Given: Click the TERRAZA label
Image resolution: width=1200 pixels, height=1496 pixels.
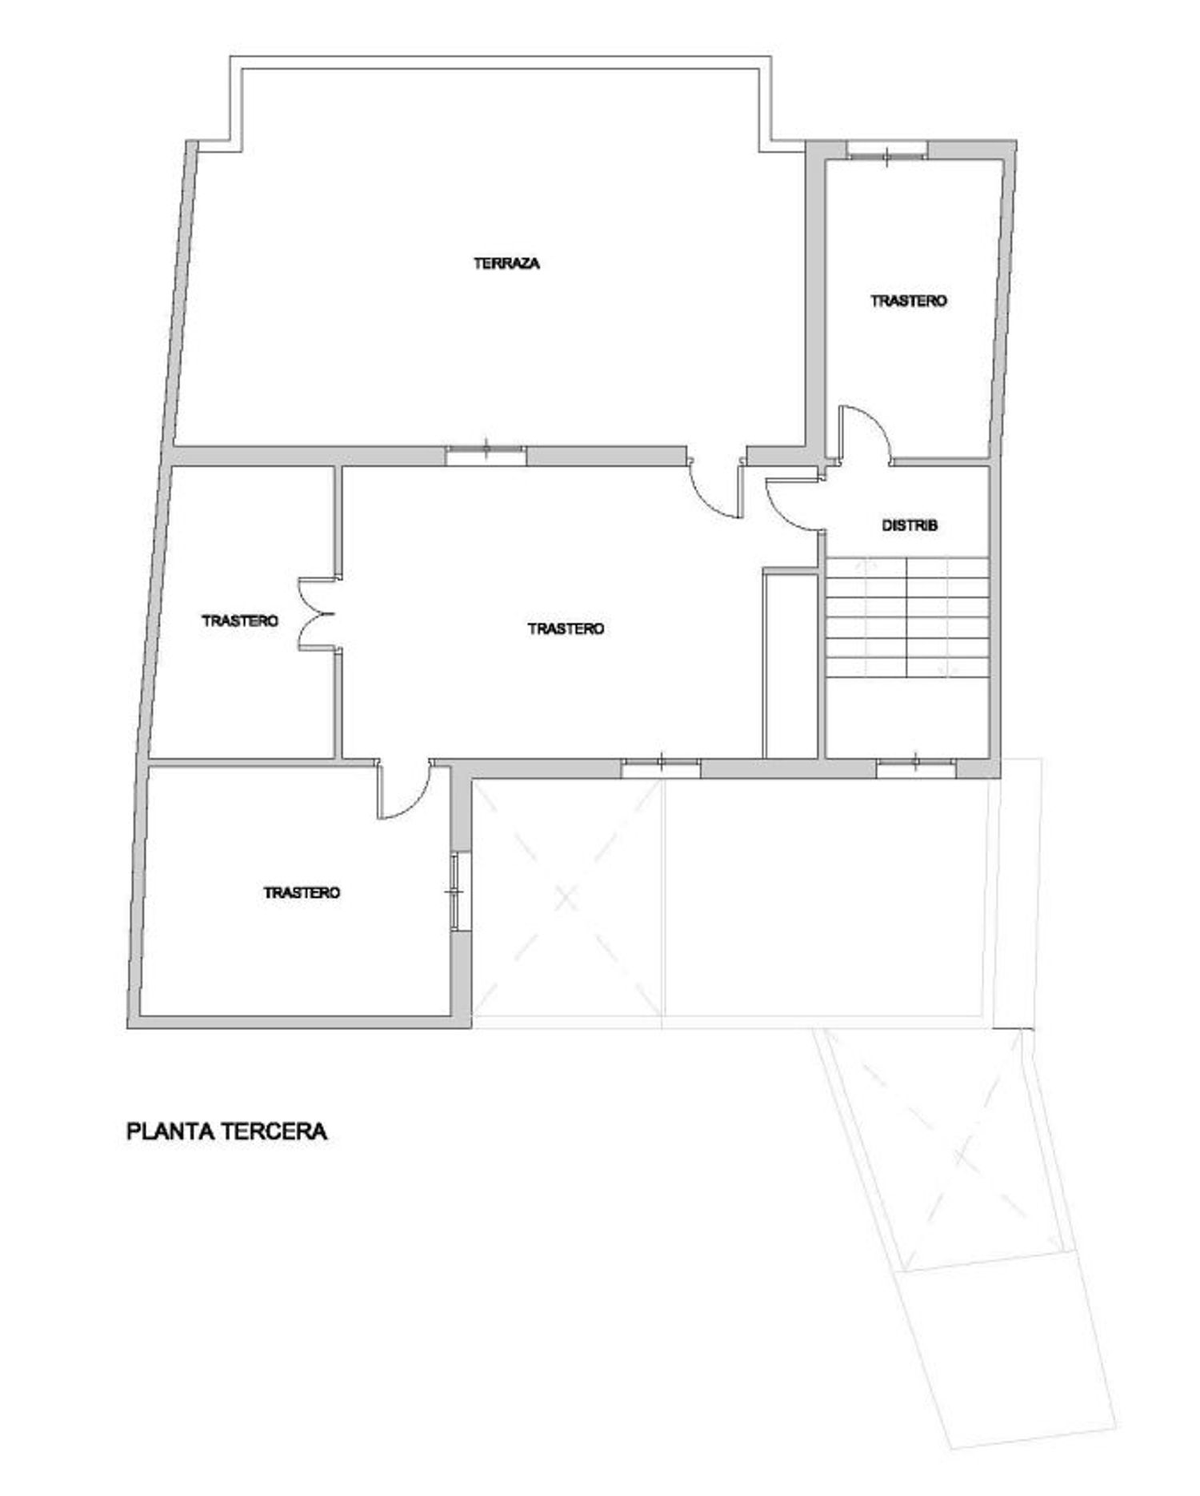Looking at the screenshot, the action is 506,263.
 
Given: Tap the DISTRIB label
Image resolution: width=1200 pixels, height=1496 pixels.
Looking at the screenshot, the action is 909,525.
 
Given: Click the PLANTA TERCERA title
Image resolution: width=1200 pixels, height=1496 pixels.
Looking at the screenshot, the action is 226,1131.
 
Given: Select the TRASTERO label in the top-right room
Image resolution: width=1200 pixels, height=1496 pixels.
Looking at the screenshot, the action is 909,301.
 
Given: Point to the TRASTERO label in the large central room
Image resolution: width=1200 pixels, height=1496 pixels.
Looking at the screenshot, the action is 566,629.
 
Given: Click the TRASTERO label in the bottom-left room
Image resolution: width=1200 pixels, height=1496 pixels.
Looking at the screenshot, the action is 302,892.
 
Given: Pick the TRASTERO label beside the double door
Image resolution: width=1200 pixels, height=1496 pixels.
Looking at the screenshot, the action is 240,620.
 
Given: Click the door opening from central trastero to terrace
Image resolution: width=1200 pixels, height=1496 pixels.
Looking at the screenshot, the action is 714,489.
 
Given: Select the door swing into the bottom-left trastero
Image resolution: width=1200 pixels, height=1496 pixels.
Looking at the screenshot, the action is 404,790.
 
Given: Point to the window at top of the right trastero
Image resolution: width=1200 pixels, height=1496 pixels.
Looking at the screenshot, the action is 887,150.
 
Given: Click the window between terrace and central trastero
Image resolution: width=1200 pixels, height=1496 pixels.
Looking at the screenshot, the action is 486,455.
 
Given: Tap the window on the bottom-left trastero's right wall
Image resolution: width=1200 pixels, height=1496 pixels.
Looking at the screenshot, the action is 457,891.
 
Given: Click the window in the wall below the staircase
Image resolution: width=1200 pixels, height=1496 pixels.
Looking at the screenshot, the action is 916,768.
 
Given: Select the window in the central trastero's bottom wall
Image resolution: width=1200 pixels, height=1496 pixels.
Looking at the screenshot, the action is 661,768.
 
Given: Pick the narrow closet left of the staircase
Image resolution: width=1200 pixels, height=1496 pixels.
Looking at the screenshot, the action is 790,663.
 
